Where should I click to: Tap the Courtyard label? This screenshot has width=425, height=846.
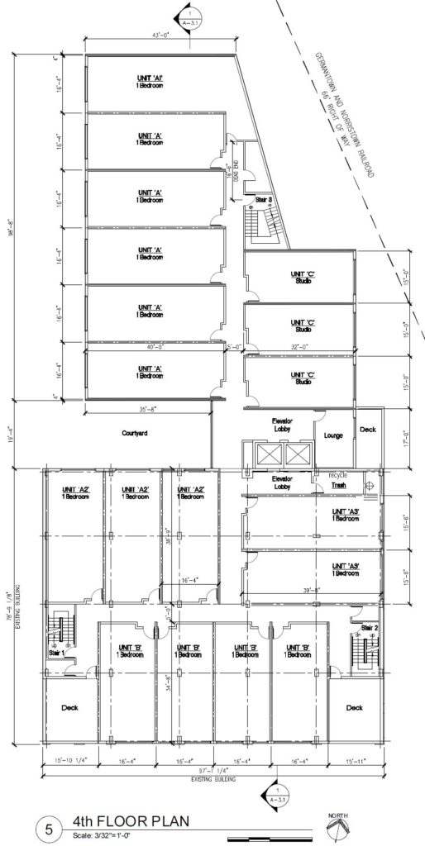coord(134,432)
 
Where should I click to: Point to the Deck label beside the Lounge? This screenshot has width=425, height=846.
coord(367,430)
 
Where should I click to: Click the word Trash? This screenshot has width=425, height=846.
coord(337,486)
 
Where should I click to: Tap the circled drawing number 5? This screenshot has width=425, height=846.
coord(49,829)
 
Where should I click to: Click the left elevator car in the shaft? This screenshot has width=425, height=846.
coord(267,454)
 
